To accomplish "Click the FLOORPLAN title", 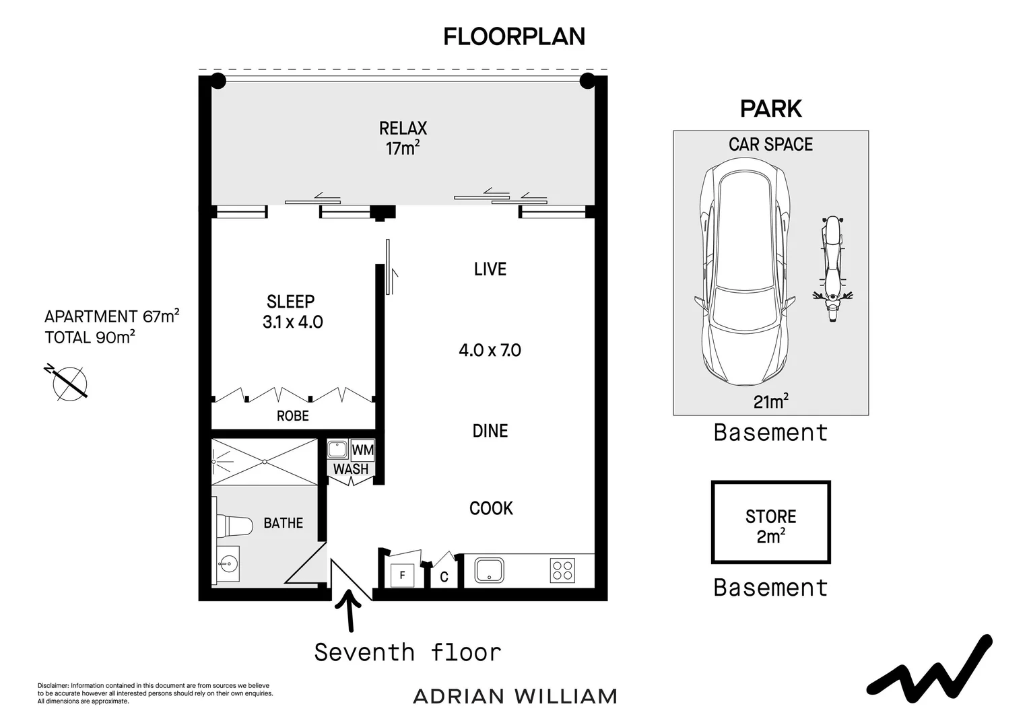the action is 514,37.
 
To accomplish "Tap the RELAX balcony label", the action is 403,128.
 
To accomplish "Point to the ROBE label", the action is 293,416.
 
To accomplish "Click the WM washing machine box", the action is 362,450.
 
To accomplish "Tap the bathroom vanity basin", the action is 226,563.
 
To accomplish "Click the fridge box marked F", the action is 402,576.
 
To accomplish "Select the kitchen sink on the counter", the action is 489,570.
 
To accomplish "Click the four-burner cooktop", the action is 563,570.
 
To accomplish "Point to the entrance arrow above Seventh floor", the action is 350,610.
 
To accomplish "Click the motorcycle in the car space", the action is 832,269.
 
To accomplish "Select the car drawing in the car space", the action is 745,272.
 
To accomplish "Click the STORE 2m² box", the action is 771,522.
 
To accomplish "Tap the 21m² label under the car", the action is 771,401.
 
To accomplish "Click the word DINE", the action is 490,431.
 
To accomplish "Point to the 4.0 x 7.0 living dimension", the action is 490,351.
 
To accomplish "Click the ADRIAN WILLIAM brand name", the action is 515,697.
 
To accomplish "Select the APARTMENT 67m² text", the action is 112,316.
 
